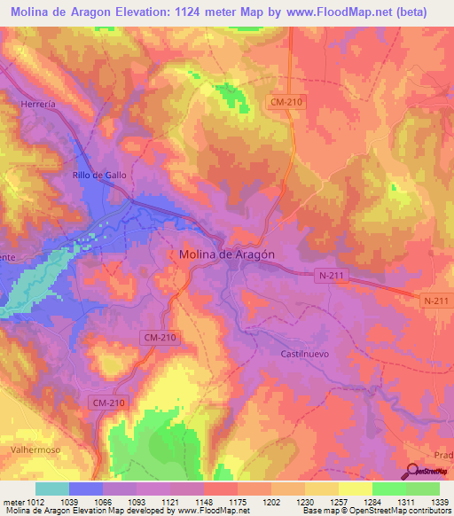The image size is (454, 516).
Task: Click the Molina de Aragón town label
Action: (x=226, y=254)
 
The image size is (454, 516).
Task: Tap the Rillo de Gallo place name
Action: (x=99, y=176)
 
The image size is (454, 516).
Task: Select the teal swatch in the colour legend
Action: (x=51, y=489)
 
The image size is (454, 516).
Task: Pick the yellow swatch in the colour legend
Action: (x=355, y=489)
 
